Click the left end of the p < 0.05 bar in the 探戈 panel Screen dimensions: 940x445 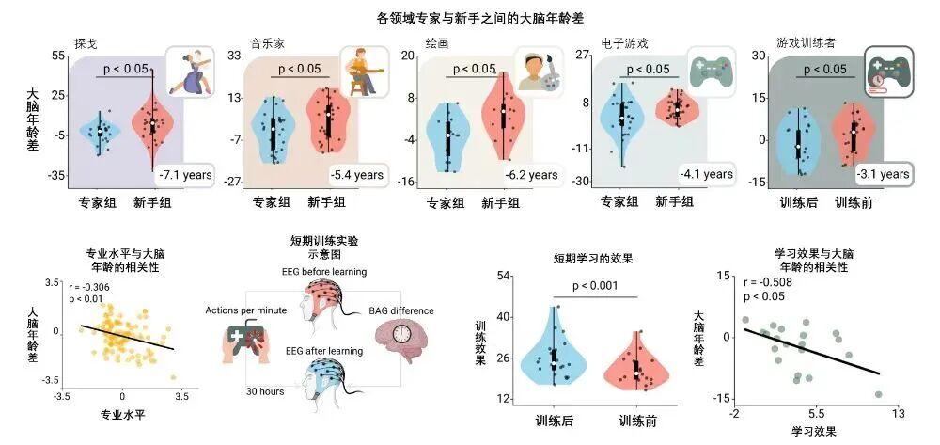pos(97,77)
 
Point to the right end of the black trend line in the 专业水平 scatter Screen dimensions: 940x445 pos(174,348)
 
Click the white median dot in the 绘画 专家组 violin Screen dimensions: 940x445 pos(447,135)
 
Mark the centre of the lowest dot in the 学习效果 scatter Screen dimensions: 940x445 pos(878,394)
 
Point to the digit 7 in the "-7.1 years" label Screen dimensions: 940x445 pos(167,175)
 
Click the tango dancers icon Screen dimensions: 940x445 pos(190,72)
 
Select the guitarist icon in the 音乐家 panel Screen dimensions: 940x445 pos(363,72)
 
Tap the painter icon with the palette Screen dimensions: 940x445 pos(539,72)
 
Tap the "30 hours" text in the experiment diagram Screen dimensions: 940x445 pos(264,391)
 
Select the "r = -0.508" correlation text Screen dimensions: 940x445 pos(768,283)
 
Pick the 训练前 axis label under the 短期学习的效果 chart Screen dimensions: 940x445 pos(638,421)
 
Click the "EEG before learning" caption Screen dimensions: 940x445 pos(323,272)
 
